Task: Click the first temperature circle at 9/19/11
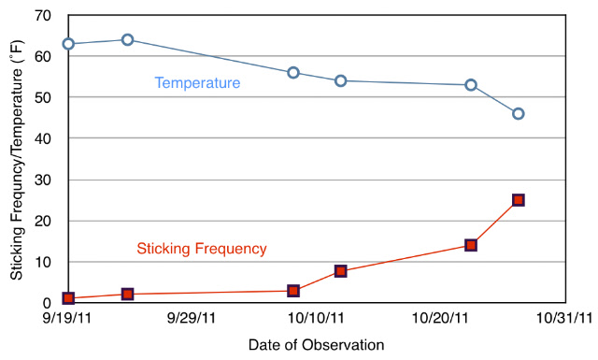[x=68, y=39]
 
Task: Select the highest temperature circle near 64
[x=127, y=36]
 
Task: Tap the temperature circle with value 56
[x=292, y=68]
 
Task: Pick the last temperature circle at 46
[x=518, y=109]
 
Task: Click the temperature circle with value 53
[x=471, y=80]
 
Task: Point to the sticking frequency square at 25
[x=518, y=200]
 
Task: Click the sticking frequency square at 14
[x=471, y=245]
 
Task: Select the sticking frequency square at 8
[x=340, y=271]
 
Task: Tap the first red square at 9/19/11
[x=68, y=298]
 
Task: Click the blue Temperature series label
[x=197, y=83]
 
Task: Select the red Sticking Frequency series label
[x=202, y=249]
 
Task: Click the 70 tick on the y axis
[x=43, y=16]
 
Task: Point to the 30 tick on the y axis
[x=43, y=180]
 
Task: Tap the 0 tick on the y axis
[x=47, y=303]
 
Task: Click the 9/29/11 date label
[x=192, y=318]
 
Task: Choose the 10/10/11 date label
[x=316, y=318]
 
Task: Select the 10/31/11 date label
[x=564, y=318]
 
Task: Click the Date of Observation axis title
[x=316, y=345]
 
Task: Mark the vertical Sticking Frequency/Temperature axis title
[x=17, y=160]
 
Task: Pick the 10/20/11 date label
[x=440, y=318]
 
